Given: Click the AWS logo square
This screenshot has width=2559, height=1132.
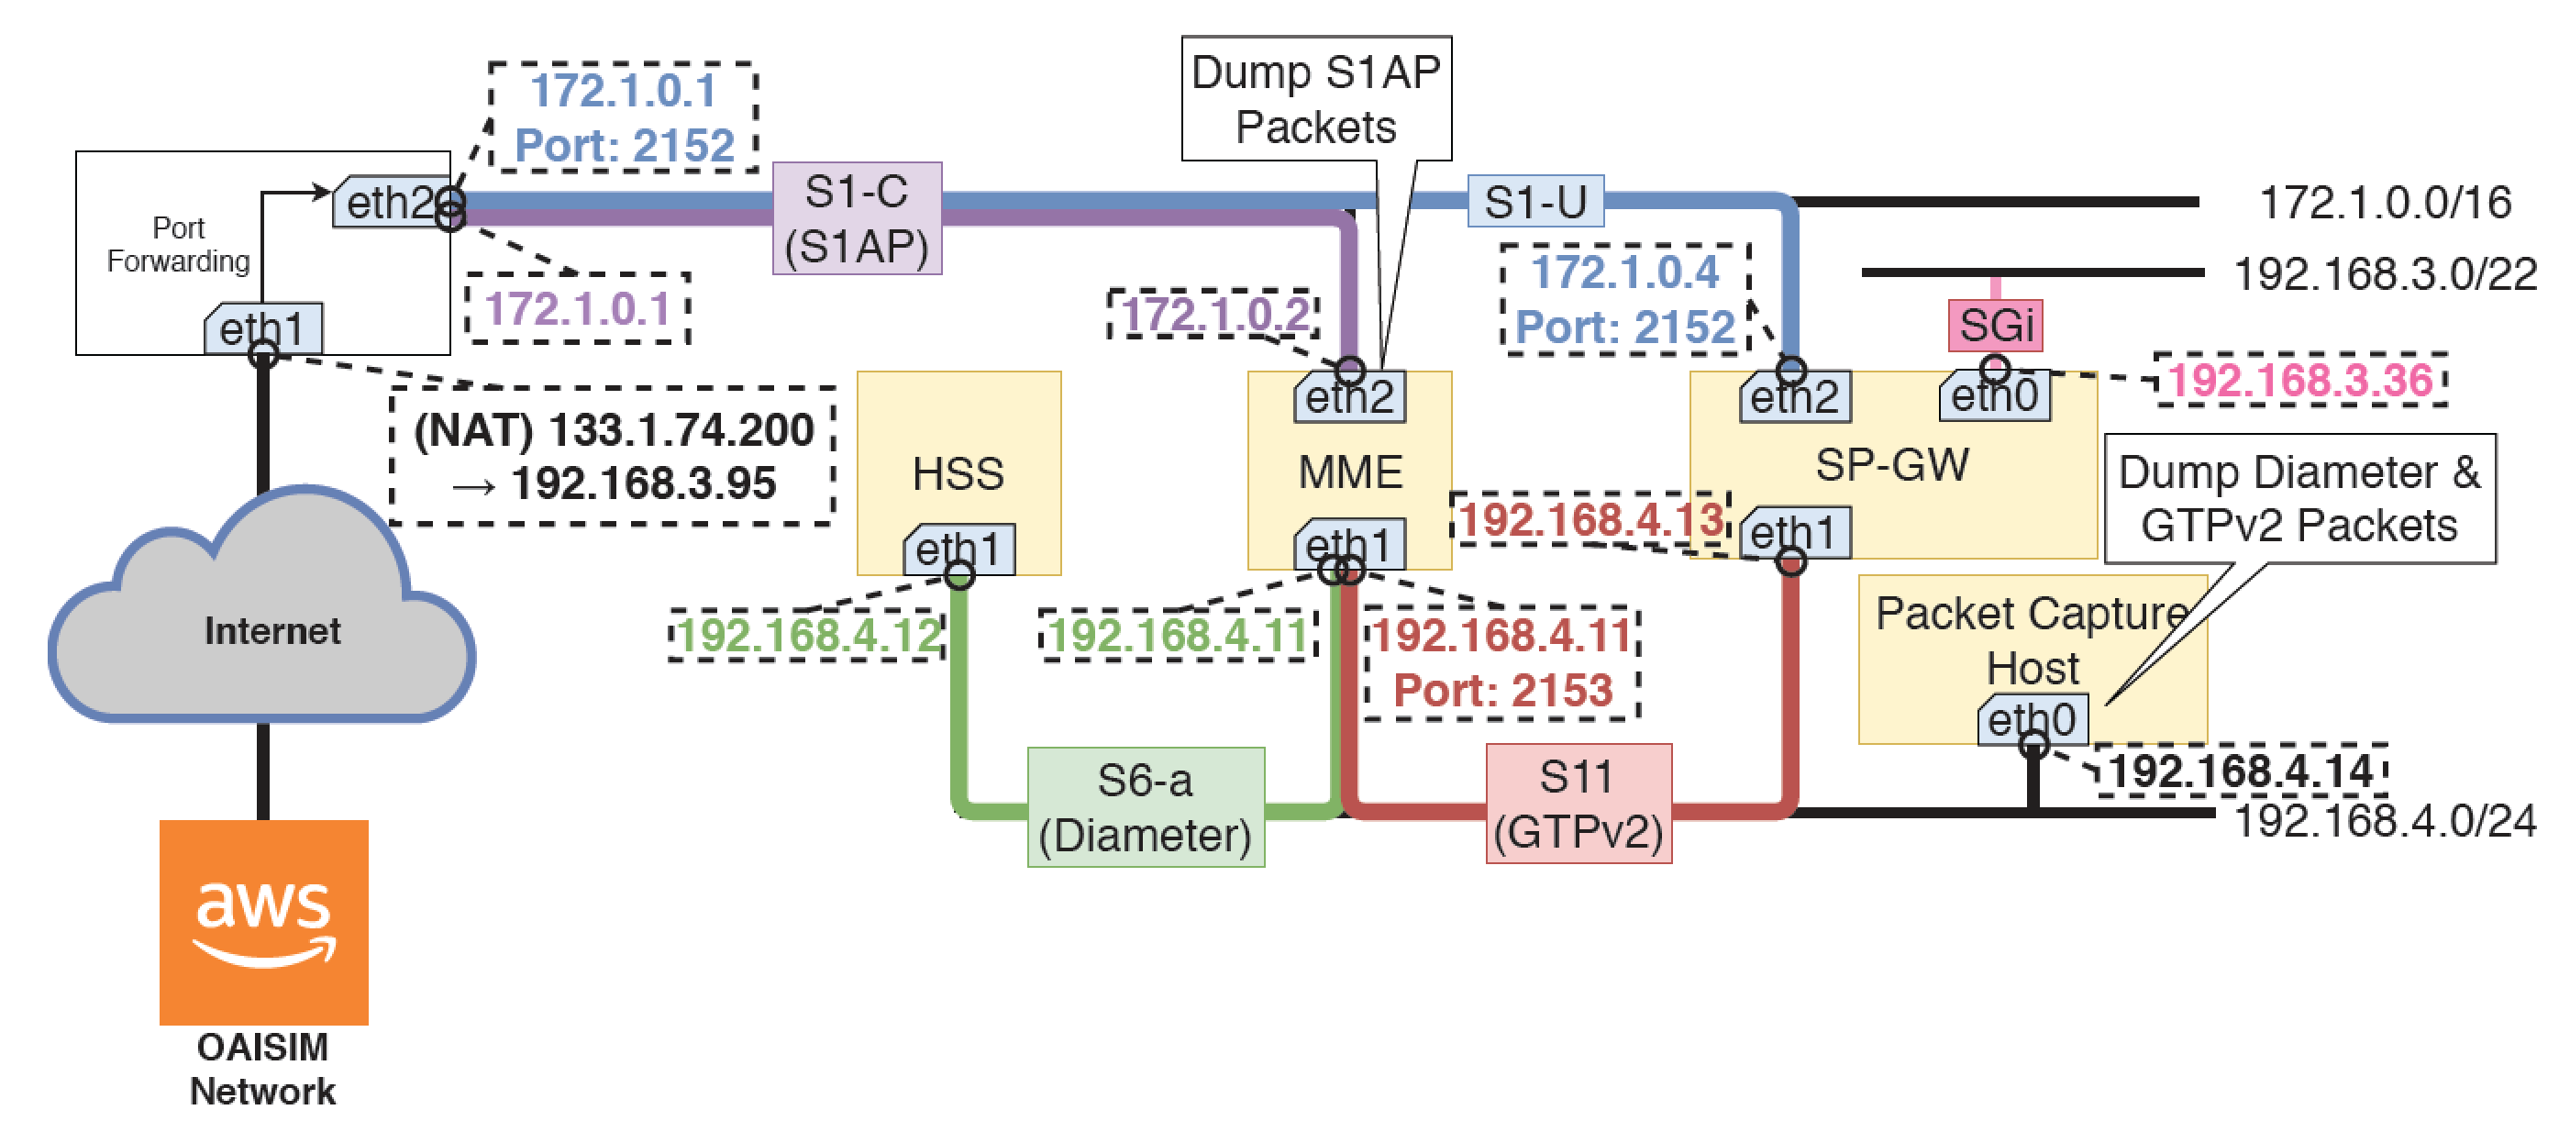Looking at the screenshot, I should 263,921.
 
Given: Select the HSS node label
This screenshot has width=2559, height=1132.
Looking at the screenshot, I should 958,473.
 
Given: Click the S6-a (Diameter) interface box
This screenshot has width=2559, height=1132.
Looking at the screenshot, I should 1146,807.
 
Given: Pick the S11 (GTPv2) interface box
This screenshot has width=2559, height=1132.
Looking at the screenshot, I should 1578,804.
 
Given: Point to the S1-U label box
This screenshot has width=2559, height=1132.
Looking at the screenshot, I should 1534,202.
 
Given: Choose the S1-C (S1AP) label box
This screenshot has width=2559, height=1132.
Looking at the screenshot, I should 857,218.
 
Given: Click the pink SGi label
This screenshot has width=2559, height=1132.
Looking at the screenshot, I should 1995,326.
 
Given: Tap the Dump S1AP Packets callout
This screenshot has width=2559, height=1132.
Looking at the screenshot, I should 1315,99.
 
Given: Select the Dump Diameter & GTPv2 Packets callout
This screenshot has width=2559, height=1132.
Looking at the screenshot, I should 2299,499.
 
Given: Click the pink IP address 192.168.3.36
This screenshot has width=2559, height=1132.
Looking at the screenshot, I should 2299,381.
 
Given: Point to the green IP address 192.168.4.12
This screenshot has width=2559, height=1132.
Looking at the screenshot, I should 809,636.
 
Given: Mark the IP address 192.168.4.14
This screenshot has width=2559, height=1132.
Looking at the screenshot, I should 2240,771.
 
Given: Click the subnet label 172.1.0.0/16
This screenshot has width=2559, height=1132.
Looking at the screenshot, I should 2384,203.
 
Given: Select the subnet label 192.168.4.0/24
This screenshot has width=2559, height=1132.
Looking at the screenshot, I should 2384,822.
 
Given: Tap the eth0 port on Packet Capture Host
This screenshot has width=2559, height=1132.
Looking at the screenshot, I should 2032,719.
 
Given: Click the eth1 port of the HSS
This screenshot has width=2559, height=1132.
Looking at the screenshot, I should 958,549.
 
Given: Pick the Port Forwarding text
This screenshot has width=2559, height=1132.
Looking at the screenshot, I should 179,245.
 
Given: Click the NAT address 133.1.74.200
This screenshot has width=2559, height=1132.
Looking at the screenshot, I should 681,430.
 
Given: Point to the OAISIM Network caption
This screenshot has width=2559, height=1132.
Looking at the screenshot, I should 262,1070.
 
